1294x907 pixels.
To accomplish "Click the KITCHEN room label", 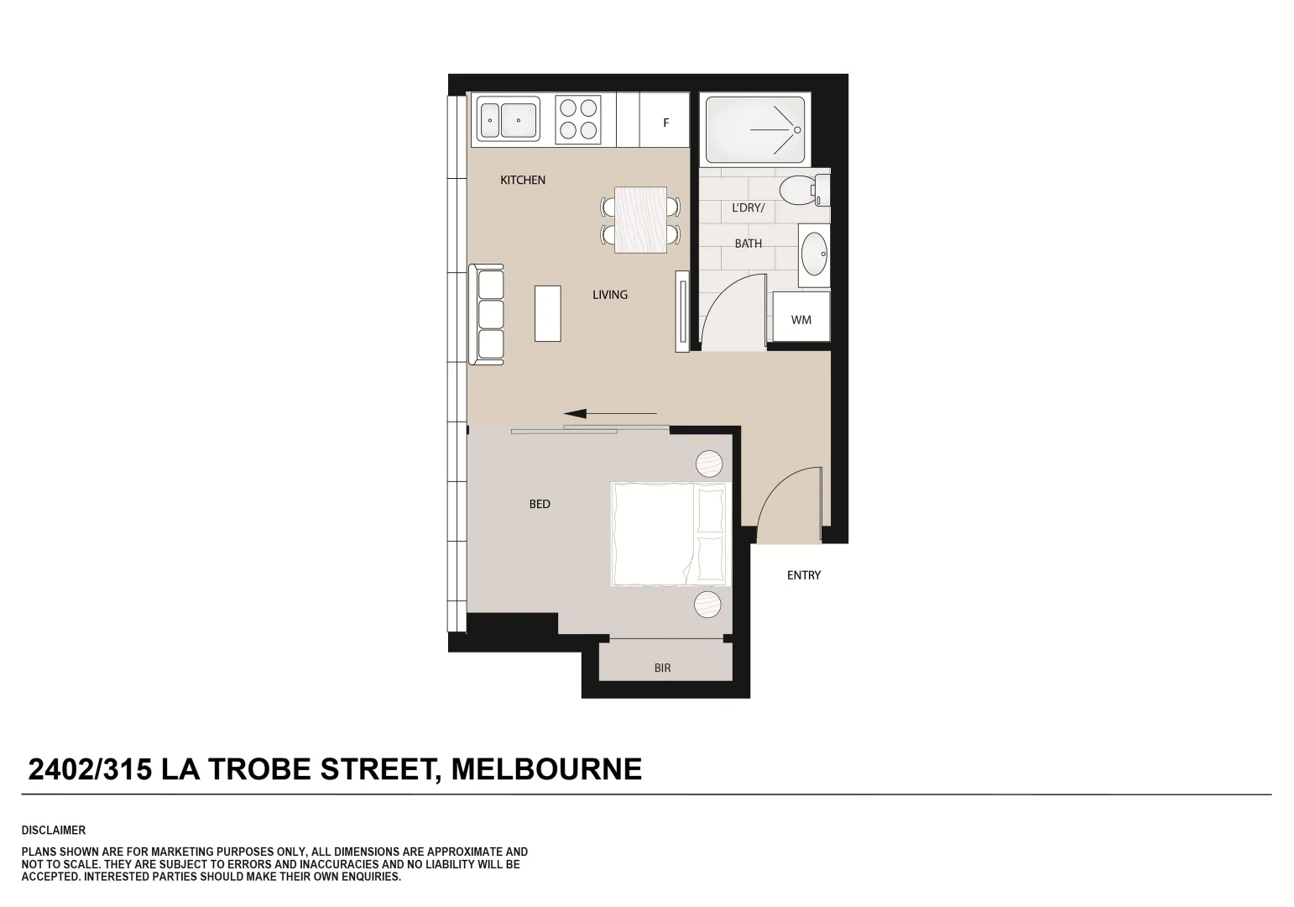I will (x=523, y=180).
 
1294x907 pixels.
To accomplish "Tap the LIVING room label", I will (x=610, y=295).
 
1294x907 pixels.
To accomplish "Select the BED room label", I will (x=540, y=504).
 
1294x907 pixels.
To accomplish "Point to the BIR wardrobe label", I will (x=662, y=668).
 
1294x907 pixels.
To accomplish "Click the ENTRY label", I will (x=803, y=575).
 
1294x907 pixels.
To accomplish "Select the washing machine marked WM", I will (x=801, y=319).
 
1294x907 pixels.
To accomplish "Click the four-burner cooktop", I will (x=578, y=118).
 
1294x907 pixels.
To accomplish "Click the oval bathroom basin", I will (x=813, y=254).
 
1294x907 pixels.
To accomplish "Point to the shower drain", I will (x=797, y=130).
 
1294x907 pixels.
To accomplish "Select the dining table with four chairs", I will (x=641, y=220).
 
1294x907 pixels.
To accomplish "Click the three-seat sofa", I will (x=487, y=314).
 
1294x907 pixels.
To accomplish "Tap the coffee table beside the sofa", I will (x=548, y=313).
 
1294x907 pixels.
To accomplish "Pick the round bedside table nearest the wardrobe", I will (x=708, y=604).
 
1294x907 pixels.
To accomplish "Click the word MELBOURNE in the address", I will (x=546, y=768).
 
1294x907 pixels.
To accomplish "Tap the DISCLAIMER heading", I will (x=54, y=830).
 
